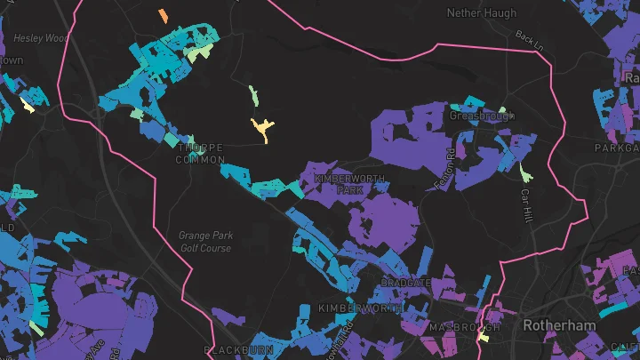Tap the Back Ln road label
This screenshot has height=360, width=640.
click(x=528, y=39)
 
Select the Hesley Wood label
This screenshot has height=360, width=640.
click(x=41, y=38)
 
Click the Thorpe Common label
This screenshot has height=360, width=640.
click(x=200, y=154)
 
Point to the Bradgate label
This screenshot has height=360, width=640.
click(x=405, y=282)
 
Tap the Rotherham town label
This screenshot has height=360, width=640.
click(x=558, y=325)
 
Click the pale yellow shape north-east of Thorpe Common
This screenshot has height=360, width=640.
click(x=262, y=129)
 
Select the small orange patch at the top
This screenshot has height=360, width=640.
click(x=163, y=16)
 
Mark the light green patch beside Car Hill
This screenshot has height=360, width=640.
click(x=524, y=167)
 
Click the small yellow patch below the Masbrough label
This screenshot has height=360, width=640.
click(x=484, y=337)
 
